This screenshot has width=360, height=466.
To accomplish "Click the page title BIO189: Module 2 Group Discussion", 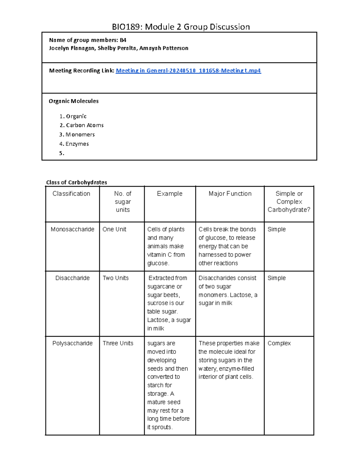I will [x=181, y=27].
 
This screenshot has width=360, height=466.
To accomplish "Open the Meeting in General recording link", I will [x=188, y=71].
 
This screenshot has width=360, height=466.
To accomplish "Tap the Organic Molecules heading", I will [x=73, y=101].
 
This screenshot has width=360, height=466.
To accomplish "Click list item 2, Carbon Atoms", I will [x=85, y=125].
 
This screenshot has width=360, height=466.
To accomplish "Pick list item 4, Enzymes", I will [x=77, y=144].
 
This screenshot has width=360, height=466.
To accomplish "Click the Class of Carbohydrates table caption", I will [x=76, y=182].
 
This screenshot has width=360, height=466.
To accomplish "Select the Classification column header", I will [x=71, y=194].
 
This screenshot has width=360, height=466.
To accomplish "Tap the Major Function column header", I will [x=230, y=194].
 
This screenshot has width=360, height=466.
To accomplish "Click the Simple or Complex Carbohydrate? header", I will [x=289, y=202].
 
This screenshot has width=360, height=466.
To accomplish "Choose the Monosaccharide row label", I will [x=72, y=229].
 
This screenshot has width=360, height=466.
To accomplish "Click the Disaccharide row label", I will [x=72, y=278].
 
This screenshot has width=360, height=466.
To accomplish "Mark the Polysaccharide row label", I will [x=72, y=343].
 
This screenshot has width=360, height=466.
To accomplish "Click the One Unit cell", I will [x=114, y=229].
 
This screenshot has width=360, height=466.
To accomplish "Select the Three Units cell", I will [x=118, y=343].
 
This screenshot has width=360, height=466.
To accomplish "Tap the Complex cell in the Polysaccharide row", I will [x=279, y=343].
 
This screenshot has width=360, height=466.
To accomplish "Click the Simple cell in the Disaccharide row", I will [x=277, y=278].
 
